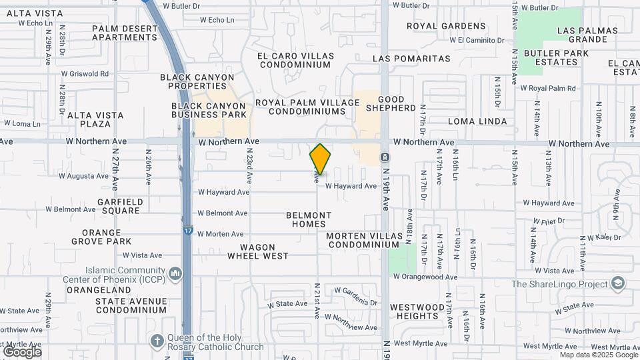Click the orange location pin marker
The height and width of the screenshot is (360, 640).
tap(321, 159)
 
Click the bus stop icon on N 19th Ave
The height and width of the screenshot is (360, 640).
tap(385, 157)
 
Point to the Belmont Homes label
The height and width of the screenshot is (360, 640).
tap(309, 219)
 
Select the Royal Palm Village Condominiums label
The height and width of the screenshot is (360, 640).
tap(307, 107)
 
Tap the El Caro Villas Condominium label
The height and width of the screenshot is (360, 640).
tap(295, 60)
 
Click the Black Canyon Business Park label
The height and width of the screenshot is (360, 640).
tap(209, 110)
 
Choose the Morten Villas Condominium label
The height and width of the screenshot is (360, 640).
tap(364, 241)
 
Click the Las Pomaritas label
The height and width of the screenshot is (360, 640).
tap(411, 59)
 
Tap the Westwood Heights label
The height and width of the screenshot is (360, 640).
tap(417, 311)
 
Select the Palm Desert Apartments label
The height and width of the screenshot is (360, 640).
tap(124, 33)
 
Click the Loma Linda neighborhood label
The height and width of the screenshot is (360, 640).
tap(477, 121)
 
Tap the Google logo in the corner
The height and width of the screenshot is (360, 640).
tap(22, 352)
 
